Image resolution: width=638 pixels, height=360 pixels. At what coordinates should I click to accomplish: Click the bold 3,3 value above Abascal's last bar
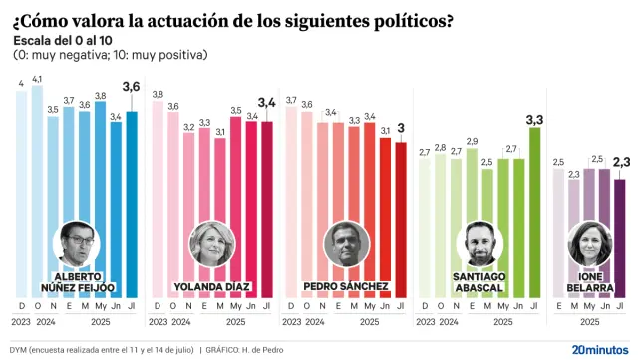pos(533,119)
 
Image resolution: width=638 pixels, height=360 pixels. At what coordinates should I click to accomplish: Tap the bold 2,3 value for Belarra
pos(620,161)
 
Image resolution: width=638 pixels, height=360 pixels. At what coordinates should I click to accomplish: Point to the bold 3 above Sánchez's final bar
pos(400,128)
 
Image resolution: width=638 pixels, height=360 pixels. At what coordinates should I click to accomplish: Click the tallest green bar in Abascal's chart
pos(533,209)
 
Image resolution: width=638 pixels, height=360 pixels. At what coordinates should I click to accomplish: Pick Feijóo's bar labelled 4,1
pos(37,189)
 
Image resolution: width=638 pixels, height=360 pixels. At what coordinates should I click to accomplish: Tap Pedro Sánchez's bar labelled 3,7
pos(291,199)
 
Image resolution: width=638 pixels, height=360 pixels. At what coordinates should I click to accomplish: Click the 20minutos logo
pos(599,349)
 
